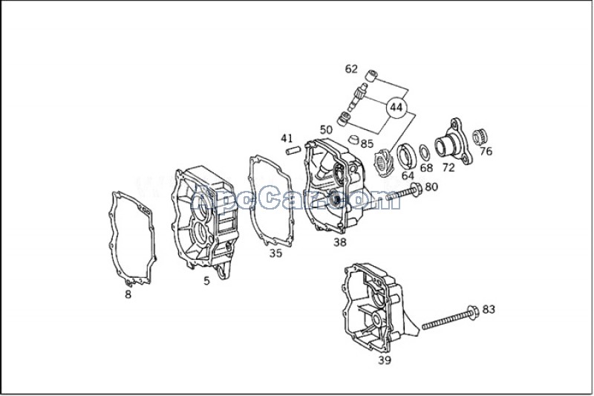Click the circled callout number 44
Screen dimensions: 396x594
click(x=396, y=108)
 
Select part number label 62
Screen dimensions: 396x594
click(x=351, y=69)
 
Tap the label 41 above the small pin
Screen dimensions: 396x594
click(x=287, y=138)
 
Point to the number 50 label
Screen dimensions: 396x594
click(x=326, y=130)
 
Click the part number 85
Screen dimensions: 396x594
click(x=367, y=143)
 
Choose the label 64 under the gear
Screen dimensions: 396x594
click(x=408, y=176)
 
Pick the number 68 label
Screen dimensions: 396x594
click(x=426, y=168)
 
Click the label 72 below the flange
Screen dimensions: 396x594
click(x=448, y=168)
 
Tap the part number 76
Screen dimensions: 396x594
click(x=486, y=152)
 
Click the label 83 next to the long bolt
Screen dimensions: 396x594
click(x=489, y=308)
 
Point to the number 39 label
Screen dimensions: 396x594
click(x=384, y=360)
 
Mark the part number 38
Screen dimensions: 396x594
click(x=339, y=242)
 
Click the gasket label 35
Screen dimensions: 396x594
click(x=275, y=253)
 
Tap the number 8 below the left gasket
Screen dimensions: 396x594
click(x=128, y=294)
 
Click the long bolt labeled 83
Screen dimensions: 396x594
click(x=449, y=319)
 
